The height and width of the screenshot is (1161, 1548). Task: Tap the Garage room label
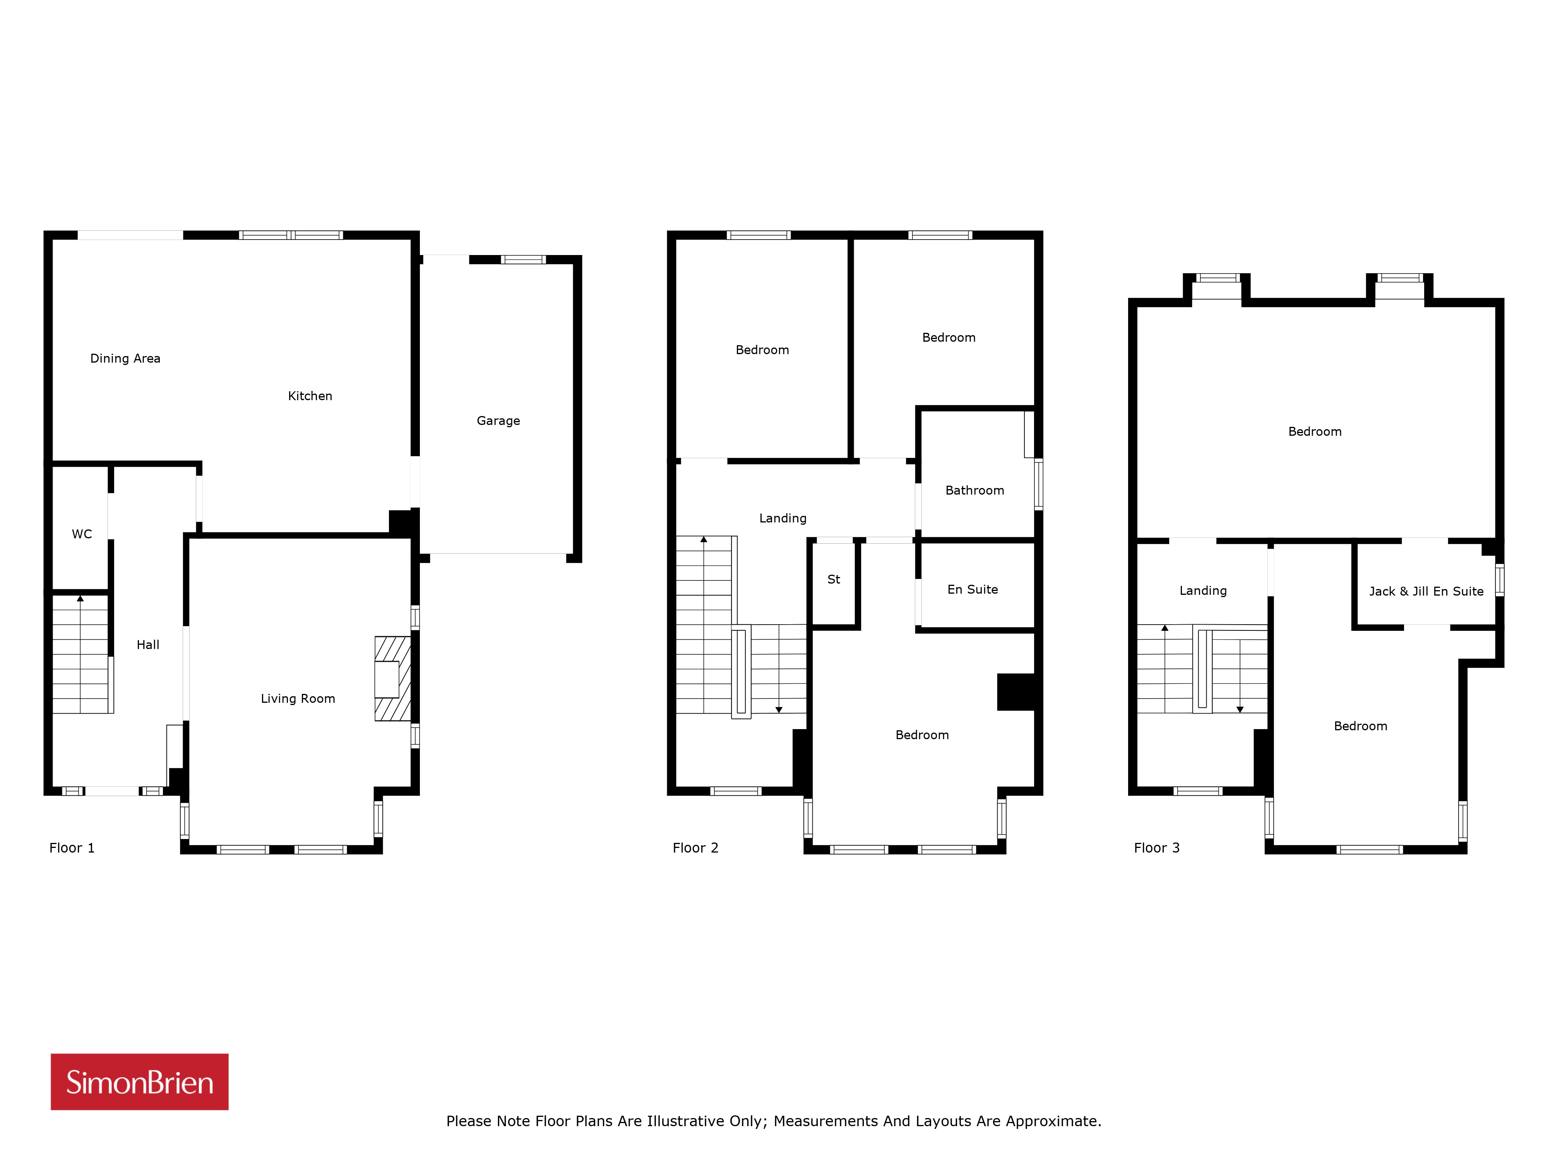pyautogui.click(x=498, y=421)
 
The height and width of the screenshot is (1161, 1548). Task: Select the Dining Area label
pyautogui.click(x=125, y=358)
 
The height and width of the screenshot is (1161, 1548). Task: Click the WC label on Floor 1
pyautogui.click(x=82, y=534)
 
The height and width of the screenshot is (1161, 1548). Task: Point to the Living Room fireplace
pyautogui.click(x=392, y=678)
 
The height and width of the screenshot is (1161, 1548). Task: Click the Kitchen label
pyautogui.click(x=310, y=396)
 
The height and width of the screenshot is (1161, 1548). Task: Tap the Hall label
pyautogui.click(x=148, y=644)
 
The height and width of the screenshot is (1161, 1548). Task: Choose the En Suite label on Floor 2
pyautogui.click(x=973, y=589)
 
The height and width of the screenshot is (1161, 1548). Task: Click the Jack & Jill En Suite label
pyautogui.click(x=1426, y=591)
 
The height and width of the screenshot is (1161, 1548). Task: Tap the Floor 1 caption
pyautogui.click(x=72, y=848)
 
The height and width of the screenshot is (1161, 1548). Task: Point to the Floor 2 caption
pyautogui.click(x=695, y=848)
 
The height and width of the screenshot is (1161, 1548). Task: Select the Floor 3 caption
pyautogui.click(x=1157, y=848)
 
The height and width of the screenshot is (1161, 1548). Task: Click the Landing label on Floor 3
pyautogui.click(x=1203, y=591)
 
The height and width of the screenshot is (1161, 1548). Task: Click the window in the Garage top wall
pyautogui.click(x=524, y=260)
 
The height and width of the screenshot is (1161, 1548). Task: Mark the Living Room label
pyautogui.click(x=298, y=699)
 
